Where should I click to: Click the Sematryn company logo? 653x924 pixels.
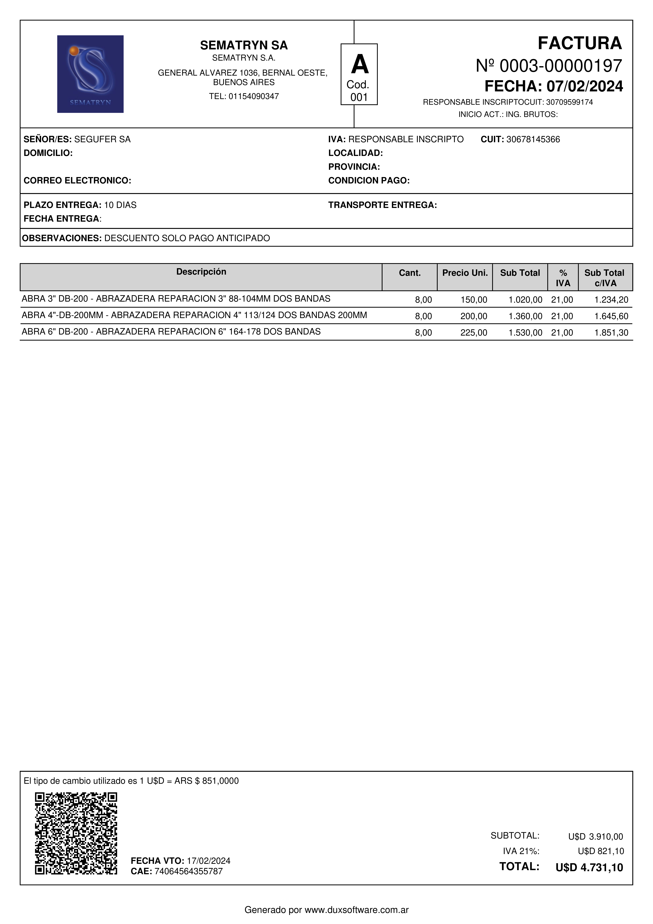point(90,74)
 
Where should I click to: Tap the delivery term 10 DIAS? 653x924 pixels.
point(120,205)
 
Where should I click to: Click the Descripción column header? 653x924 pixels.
point(201,272)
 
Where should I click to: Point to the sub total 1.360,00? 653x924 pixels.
point(525,316)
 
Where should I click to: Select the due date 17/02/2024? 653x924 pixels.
point(208,861)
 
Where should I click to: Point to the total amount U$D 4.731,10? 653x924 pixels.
point(589,868)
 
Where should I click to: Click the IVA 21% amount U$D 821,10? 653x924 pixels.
point(601,851)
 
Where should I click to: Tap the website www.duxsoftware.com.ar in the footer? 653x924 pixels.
point(356,910)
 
